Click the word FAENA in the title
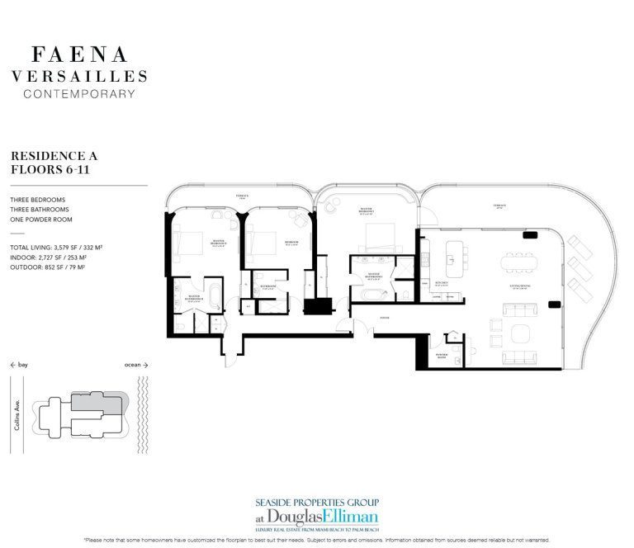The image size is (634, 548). pyautogui.click(x=79, y=55)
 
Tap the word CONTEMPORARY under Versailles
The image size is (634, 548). pyautogui.click(x=79, y=93)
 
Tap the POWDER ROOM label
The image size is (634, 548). pyautogui.click(x=442, y=356)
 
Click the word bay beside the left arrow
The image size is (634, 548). pyautogui.click(x=24, y=364)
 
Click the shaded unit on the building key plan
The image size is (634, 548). pyautogui.click(x=97, y=404)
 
